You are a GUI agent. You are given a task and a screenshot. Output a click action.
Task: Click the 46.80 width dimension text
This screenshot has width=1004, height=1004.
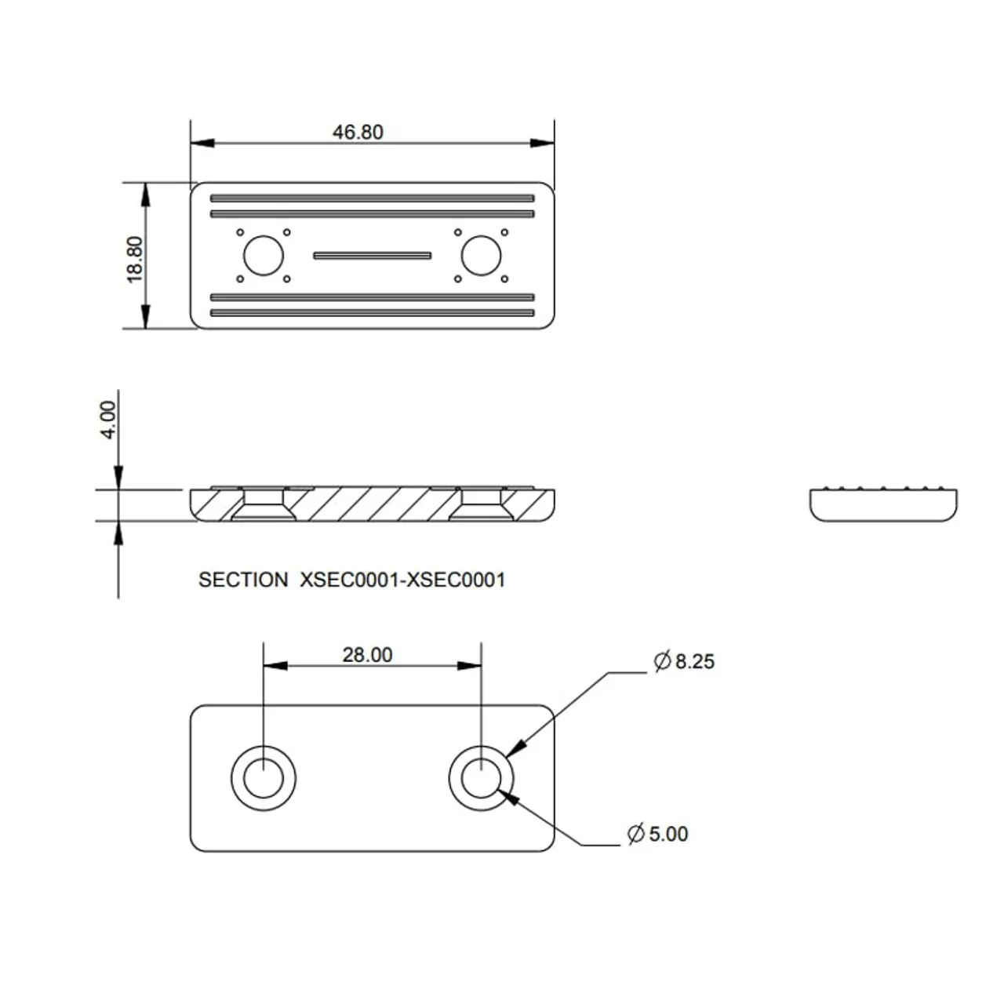click(358, 133)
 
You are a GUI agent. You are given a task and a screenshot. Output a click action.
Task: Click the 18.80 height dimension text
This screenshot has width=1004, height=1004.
click(135, 260)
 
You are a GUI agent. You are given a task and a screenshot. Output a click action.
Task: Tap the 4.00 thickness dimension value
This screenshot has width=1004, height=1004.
click(108, 420)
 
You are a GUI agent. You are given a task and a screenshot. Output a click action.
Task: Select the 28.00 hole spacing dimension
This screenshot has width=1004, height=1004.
click(367, 655)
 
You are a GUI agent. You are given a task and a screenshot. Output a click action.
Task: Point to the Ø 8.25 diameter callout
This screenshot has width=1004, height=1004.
click(684, 661)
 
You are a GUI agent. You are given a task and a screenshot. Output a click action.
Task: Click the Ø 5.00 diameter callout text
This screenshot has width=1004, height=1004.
click(658, 834)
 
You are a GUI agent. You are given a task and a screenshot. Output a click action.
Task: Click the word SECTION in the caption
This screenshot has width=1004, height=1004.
click(243, 580)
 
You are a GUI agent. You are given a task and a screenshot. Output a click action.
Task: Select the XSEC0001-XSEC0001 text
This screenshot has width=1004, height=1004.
click(402, 580)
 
